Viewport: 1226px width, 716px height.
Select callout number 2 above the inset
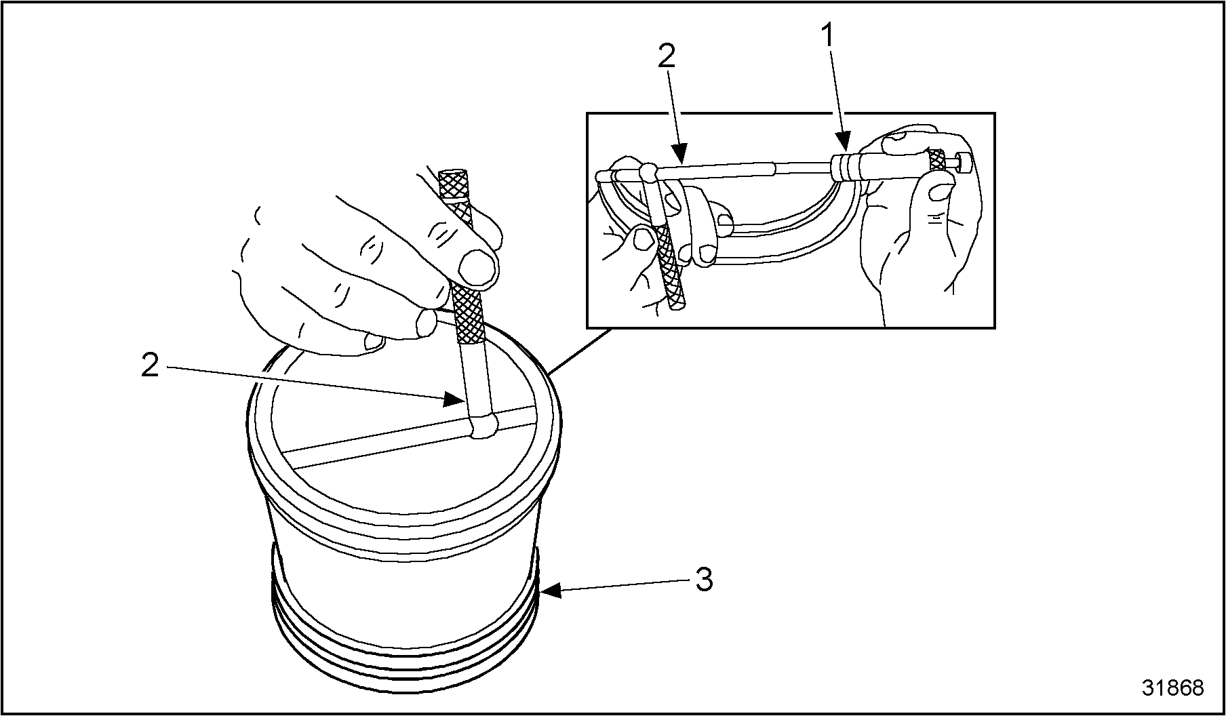coord(667,57)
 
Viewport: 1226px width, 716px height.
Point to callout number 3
coord(704,580)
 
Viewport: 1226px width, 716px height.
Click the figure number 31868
coord(1173,688)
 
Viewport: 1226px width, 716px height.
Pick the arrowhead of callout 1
coord(844,144)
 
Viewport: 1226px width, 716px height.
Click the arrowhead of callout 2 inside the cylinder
coord(453,399)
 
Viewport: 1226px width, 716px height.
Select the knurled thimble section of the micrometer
coord(937,161)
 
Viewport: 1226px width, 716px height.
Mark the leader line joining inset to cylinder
coord(580,351)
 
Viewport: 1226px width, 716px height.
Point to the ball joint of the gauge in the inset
coord(649,172)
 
